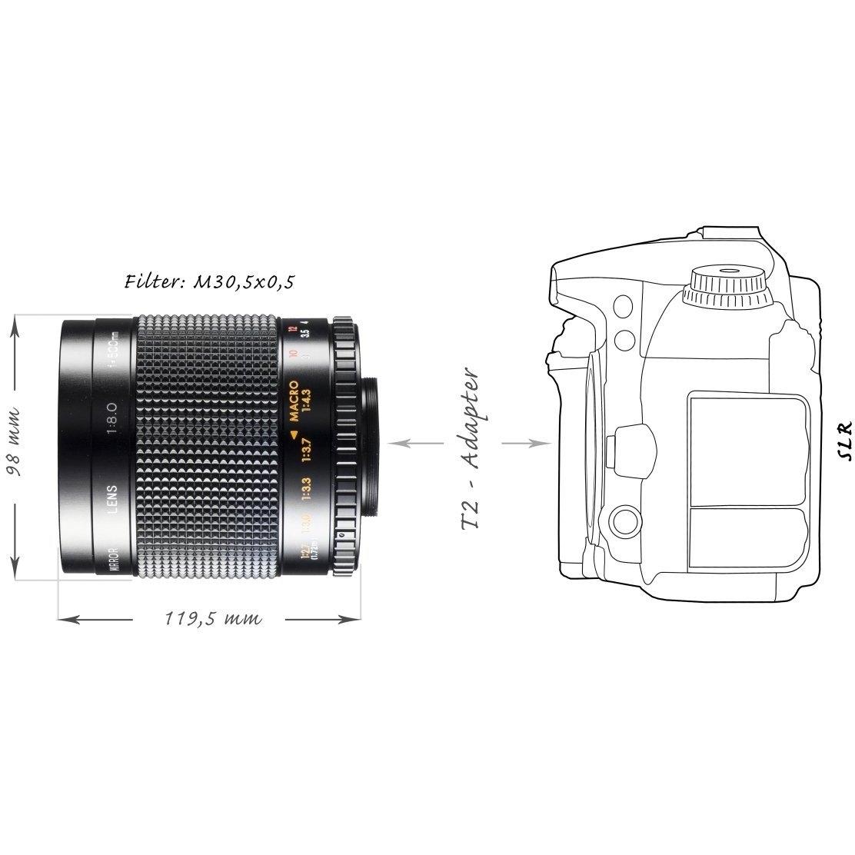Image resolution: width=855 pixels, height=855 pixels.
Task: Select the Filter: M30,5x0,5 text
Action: coord(208,282)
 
